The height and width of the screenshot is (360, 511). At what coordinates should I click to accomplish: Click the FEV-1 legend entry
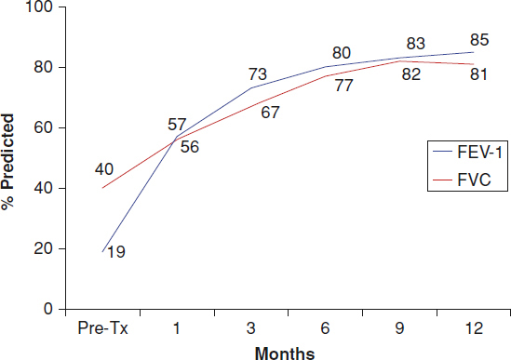[467, 152]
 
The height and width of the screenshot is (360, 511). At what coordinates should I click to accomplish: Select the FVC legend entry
[462, 180]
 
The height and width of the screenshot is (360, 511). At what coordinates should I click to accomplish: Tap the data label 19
[116, 252]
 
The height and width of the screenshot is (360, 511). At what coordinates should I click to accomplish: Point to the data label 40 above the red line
[104, 169]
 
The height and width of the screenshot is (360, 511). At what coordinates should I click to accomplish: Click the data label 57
[177, 125]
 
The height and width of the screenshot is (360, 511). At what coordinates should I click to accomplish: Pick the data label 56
[190, 147]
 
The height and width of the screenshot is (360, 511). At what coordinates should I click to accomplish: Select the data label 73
[258, 74]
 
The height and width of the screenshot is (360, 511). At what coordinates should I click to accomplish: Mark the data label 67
[270, 113]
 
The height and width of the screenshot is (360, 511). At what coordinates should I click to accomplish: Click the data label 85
[479, 40]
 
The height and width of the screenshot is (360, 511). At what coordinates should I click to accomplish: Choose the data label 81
[478, 74]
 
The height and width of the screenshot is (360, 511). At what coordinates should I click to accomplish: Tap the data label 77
[343, 86]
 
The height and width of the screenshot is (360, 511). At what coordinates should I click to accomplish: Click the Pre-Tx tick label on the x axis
[102, 327]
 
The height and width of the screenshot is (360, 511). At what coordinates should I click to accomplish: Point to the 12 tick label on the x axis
[474, 327]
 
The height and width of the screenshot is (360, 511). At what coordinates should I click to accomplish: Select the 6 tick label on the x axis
[325, 327]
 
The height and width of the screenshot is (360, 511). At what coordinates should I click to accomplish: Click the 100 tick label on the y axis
[39, 7]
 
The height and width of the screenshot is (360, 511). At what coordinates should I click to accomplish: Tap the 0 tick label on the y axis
[47, 309]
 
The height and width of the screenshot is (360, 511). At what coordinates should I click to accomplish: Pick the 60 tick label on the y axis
[44, 127]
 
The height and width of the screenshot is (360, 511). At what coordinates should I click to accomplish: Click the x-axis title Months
[285, 353]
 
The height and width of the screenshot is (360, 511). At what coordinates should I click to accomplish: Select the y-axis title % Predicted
[7, 162]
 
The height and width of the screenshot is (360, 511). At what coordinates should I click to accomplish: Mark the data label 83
[415, 44]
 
